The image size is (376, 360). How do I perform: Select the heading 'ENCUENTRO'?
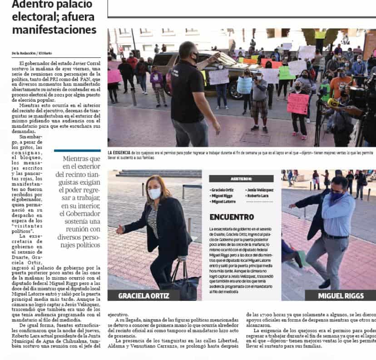coord(232,217)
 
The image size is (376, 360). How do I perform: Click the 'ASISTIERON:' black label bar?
coord(241,179)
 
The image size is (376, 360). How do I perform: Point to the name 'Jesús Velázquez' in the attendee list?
coord(261,190)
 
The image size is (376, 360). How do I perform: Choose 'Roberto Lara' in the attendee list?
coord(258,195)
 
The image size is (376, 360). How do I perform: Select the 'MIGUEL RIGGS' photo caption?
coord(341,295)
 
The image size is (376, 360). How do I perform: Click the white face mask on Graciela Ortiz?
coord(154,193)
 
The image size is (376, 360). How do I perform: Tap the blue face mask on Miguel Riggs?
coord(336,195)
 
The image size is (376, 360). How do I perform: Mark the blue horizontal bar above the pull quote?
coord(77,150)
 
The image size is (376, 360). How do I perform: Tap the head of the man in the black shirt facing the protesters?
coord(187,51)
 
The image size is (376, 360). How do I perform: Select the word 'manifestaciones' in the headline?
coord(54,30)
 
